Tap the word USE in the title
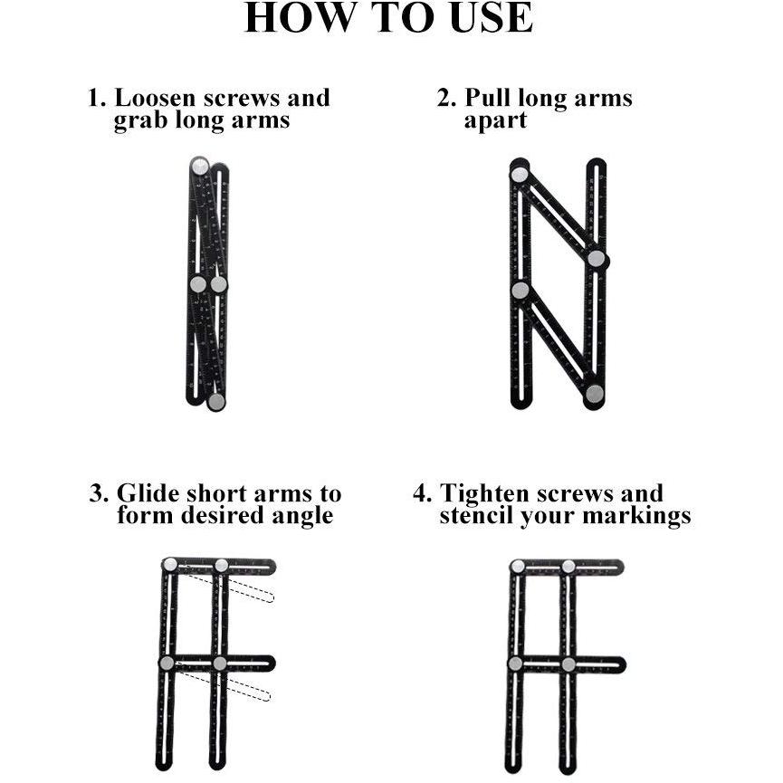[491, 17]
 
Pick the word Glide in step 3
[148, 493]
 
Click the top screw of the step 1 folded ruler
[200, 166]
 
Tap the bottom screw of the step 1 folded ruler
[216, 402]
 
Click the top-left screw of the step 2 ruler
[520, 175]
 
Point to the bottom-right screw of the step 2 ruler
[594, 394]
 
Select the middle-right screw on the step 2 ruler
[597, 259]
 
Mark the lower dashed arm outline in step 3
[224, 683]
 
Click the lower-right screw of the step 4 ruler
[568, 664]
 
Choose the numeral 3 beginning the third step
[98, 493]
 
